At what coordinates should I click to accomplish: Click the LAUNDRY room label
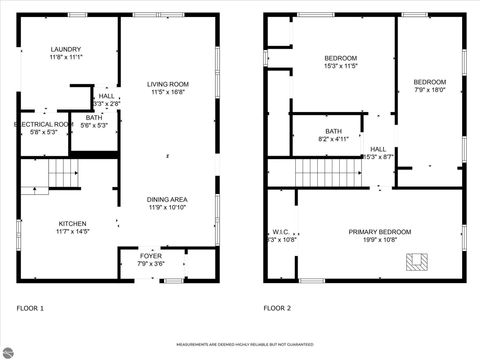coord(66,49)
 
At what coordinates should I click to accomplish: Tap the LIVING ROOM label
coord(169,85)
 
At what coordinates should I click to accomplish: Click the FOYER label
coord(151,256)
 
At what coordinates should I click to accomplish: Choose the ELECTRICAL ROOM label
coord(41,123)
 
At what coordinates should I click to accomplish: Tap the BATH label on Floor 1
coord(94,117)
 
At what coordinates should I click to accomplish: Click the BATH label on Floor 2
coord(333,131)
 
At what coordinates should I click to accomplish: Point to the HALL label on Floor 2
coord(378,149)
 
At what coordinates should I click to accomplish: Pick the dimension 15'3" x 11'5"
coord(340,65)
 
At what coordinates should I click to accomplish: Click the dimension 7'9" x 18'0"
coord(430,89)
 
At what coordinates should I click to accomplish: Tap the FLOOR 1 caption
coord(30,309)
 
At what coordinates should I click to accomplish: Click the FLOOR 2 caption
coord(277,309)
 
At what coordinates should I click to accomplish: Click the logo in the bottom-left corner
coord(12,348)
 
